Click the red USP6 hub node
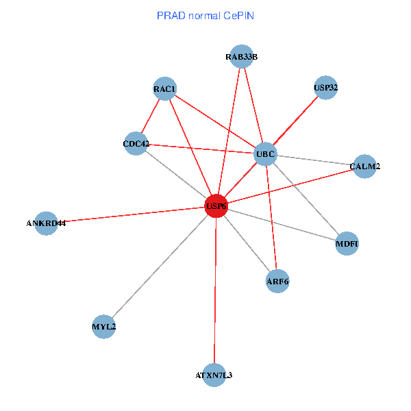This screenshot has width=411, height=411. pyautogui.click(x=216, y=206)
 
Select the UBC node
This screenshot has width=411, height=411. pyautogui.click(x=265, y=154)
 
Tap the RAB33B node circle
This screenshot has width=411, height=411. pyautogui.click(x=241, y=57)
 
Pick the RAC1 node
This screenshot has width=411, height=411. pyautogui.click(x=165, y=89)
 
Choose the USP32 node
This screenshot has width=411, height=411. pyautogui.click(x=325, y=87)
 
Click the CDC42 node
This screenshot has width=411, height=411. pyautogui.click(x=136, y=144)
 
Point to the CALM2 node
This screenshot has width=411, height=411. pyautogui.click(x=364, y=166)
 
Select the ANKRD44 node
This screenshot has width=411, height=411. pyautogui.click(x=46, y=223)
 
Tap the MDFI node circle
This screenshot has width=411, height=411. pyautogui.click(x=347, y=244)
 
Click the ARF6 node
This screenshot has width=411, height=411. pyautogui.click(x=277, y=281)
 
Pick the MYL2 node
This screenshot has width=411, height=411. pyautogui.click(x=103, y=327)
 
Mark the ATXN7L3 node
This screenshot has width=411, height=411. pyautogui.click(x=214, y=375)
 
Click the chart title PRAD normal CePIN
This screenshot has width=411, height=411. pyautogui.click(x=206, y=15)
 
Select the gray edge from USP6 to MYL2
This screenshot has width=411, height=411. pyautogui.click(x=160, y=266)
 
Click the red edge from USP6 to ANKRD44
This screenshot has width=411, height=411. pyautogui.click(x=130, y=214)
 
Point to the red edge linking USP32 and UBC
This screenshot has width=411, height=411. pyautogui.click(x=295, y=121)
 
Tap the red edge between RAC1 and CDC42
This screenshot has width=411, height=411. pyautogui.click(x=151, y=116)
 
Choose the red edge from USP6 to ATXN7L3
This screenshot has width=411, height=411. pyautogui.click(x=215, y=288)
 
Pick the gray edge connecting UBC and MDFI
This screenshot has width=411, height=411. pyautogui.click(x=306, y=199)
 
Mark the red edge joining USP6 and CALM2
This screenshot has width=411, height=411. pyautogui.click(x=290, y=186)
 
